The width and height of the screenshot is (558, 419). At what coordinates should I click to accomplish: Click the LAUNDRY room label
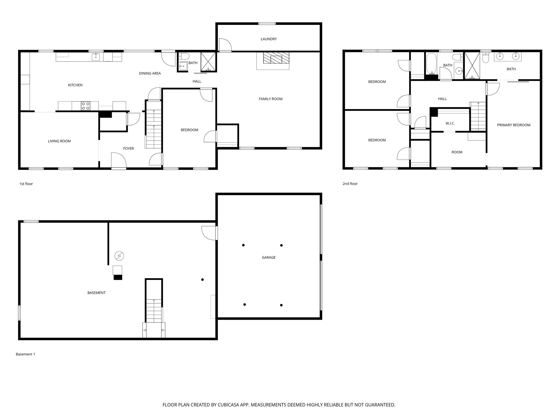click(268, 39)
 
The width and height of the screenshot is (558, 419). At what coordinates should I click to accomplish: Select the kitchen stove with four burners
click(86, 106)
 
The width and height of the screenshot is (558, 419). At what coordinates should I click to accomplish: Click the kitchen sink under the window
click(96, 57)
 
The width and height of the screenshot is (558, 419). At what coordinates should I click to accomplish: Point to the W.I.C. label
click(450, 123)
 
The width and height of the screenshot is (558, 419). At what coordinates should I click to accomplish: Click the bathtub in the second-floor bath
click(431, 63)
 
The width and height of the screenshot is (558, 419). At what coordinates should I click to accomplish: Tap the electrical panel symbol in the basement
click(119, 256)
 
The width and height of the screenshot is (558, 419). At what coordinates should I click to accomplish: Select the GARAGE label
click(268, 257)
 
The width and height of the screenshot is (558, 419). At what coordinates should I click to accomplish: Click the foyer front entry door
click(119, 161)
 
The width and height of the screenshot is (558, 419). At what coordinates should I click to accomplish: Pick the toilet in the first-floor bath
click(184, 56)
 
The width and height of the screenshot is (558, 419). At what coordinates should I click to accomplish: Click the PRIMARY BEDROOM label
click(513, 125)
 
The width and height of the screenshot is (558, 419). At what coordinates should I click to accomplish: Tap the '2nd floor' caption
click(350, 184)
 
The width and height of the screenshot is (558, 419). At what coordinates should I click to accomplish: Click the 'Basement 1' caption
click(25, 354)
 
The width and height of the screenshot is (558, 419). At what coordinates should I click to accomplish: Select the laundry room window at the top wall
click(267, 24)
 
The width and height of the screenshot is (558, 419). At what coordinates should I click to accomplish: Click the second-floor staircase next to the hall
click(478, 116)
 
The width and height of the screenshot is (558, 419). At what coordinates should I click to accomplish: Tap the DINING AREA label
click(150, 73)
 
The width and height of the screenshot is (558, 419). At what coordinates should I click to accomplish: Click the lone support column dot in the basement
click(202, 279)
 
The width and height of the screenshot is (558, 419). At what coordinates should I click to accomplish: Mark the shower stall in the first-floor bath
click(208, 62)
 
